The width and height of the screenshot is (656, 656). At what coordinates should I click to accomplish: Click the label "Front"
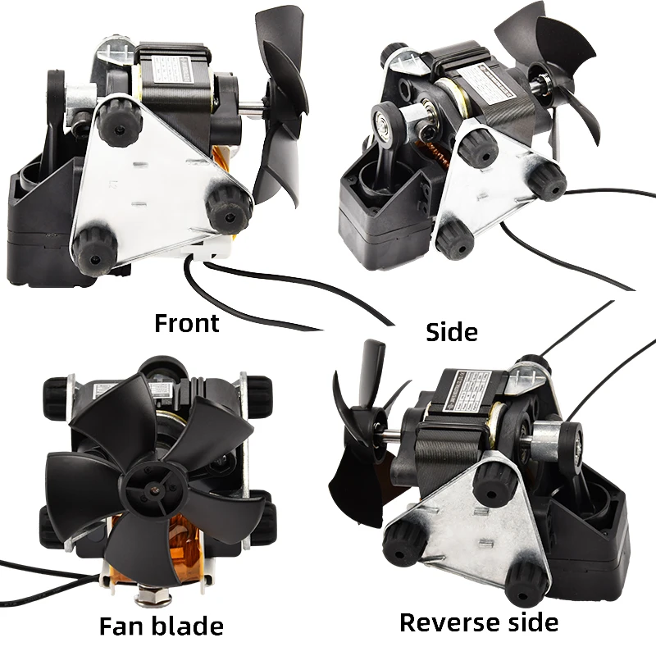(x=187, y=322)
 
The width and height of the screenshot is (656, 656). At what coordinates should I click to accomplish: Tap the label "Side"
(x=452, y=332)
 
